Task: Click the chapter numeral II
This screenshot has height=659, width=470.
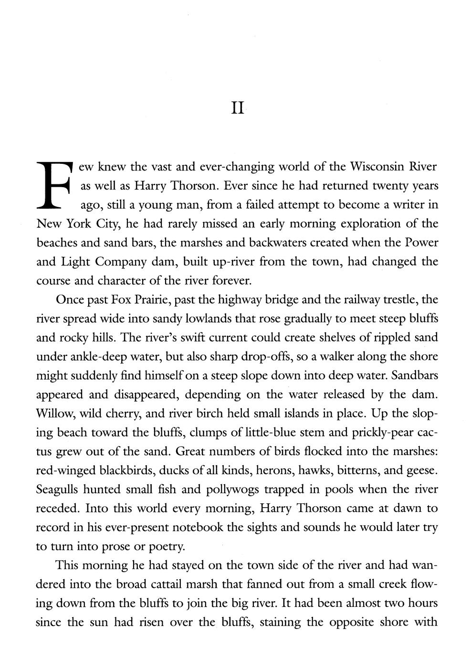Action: coord(237,109)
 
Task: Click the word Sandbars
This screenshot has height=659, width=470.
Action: coord(414,375)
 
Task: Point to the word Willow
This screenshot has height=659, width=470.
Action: coord(52,414)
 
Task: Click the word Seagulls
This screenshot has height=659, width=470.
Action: coord(57,489)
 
